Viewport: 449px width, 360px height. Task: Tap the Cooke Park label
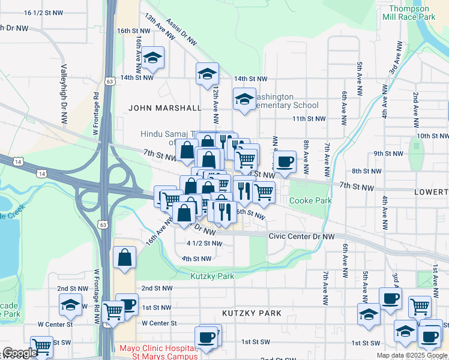click(310, 200)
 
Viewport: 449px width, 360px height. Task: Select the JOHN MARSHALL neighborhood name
click(164, 108)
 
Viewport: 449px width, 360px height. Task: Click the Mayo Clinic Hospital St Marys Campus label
click(158, 352)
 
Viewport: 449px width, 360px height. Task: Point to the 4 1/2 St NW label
click(205, 244)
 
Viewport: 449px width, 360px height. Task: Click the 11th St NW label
click(309, 119)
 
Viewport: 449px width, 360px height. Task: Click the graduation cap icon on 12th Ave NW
click(207, 74)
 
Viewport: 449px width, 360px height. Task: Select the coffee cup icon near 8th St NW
click(285, 161)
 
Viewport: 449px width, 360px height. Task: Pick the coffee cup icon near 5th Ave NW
click(390, 298)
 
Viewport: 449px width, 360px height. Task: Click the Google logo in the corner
click(20, 353)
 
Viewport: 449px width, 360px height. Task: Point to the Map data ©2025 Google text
click(411, 355)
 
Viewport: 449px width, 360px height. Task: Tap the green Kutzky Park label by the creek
click(212, 276)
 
